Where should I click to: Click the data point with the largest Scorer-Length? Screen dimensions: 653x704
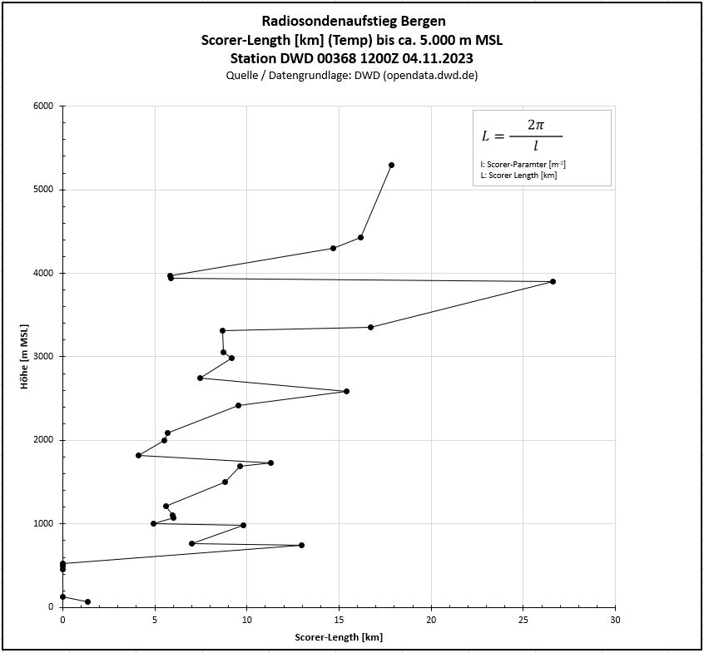[x=553, y=281]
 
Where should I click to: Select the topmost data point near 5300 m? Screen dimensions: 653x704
[x=391, y=165]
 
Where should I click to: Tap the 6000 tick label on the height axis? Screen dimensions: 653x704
[x=43, y=106]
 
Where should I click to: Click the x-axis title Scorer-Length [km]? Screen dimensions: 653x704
[x=339, y=637]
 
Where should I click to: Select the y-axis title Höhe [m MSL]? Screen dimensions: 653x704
[x=26, y=356]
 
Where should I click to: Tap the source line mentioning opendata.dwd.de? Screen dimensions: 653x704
[x=352, y=75]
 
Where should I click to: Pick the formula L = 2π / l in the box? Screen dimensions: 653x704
[x=522, y=135]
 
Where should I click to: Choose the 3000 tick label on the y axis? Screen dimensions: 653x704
[x=43, y=357]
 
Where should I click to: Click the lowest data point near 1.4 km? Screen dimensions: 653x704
[x=87, y=601]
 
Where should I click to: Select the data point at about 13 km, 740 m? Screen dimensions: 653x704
[x=301, y=545]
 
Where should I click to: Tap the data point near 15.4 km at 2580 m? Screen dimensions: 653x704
[x=346, y=391]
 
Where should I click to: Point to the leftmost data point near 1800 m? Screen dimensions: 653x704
[x=138, y=455]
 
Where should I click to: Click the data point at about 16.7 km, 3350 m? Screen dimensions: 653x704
[x=370, y=327]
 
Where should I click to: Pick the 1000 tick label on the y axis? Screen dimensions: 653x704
[x=43, y=523]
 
